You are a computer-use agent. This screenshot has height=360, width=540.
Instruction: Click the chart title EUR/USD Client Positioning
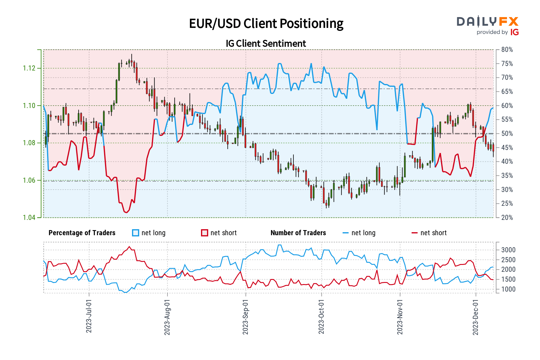click(x=266, y=24)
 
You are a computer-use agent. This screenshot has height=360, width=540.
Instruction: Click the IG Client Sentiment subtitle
click(x=266, y=43)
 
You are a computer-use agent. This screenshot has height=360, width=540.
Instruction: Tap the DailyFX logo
click(x=487, y=25)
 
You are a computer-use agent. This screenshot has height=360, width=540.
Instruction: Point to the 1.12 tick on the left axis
click(x=29, y=68)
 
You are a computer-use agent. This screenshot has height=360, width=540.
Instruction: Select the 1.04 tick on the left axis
click(x=29, y=217)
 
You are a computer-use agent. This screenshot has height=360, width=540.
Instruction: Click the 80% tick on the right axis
click(x=507, y=50)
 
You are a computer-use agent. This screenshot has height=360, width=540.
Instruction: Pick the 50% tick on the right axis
click(x=507, y=134)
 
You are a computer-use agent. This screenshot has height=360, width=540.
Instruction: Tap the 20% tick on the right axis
click(x=507, y=217)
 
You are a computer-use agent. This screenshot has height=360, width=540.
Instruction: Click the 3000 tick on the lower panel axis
click(x=508, y=250)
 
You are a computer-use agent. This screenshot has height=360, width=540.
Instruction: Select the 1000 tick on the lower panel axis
click(x=508, y=289)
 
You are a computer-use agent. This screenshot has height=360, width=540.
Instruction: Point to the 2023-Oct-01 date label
click(x=321, y=316)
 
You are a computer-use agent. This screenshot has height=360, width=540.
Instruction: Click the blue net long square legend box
click(x=136, y=233)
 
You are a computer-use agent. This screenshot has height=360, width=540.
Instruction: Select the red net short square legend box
click(x=205, y=233)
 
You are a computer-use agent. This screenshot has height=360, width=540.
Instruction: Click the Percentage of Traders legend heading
click(x=82, y=233)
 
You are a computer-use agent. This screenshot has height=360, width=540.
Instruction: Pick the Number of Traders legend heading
click(x=298, y=233)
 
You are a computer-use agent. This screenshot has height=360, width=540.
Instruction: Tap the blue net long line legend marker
click(x=346, y=233)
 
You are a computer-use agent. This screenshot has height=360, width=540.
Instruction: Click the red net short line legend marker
click(x=415, y=233)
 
